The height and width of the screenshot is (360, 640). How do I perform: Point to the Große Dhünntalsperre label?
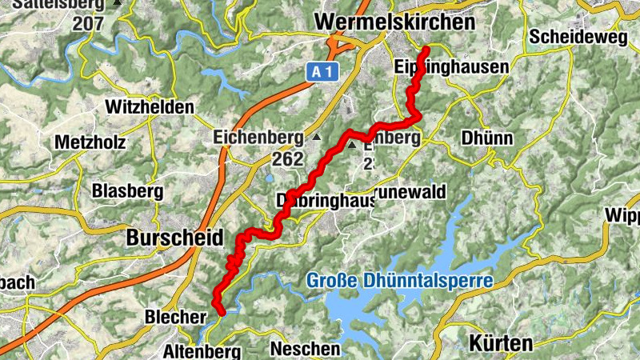tap(399, 281)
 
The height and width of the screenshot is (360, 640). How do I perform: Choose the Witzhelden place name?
tap(150, 107)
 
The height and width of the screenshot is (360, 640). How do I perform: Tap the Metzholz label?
tap(90, 142)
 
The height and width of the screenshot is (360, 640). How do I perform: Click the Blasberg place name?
tap(127, 190)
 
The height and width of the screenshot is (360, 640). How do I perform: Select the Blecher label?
tap(175, 317)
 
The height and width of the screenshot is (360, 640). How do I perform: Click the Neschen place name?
tap(305, 349)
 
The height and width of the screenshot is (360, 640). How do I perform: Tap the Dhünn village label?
tap(486, 138)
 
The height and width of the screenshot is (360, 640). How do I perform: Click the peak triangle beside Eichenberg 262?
tap(316, 138)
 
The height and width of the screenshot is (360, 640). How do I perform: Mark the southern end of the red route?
tap(221, 313)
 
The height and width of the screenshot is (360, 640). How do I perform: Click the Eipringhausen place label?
tap(451, 67)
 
